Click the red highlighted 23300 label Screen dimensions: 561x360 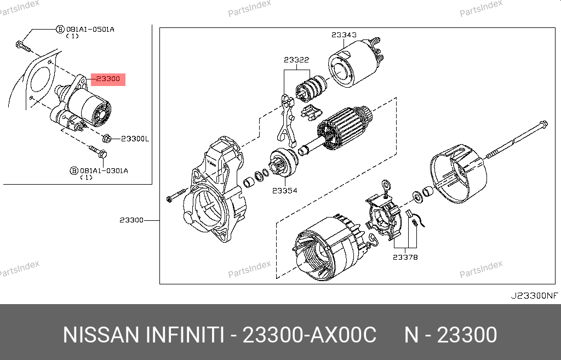tap(108, 79)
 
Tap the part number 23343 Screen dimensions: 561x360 tap(344, 35)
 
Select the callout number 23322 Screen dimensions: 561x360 tap(296, 60)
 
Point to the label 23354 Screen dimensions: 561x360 tap(284, 191)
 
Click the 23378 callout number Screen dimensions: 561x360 tap(405, 258)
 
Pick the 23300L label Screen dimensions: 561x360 tap(135, 139)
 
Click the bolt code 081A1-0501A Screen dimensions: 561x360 tap(90, 30)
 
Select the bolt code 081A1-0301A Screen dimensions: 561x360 tap(104, 171)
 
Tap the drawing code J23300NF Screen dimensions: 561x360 tap(534, 295)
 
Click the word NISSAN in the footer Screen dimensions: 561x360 tap(101, 335)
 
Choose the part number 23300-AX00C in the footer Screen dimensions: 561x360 tap(310, 335)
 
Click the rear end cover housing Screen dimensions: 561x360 tap(459, 174)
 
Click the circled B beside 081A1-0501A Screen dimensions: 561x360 tap(60, 30)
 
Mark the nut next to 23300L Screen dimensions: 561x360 tap(107, 139)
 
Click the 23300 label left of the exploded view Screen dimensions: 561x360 tap(131, 220)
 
